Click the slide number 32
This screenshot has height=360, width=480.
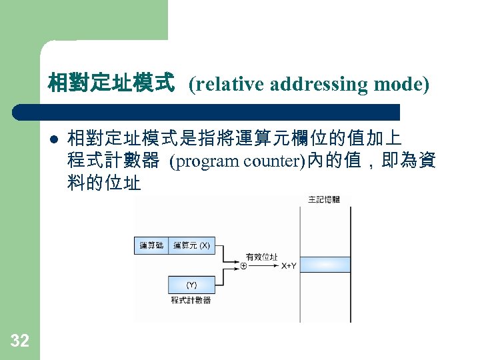[20, 341]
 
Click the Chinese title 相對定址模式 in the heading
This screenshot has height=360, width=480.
[111, 84]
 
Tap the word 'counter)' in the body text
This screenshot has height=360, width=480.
[274, 161]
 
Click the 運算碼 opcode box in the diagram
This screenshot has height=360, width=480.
[151, 246]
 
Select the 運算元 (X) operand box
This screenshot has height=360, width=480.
[191, 246]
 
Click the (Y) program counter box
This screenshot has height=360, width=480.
[191, 285]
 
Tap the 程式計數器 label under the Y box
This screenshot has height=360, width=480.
[191, 301]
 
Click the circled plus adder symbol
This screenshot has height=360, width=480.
[243, 265]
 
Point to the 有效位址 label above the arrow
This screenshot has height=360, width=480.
[262, 257]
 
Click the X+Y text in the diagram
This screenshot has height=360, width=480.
[289, 265]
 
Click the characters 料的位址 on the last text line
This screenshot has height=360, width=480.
[104, 181]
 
